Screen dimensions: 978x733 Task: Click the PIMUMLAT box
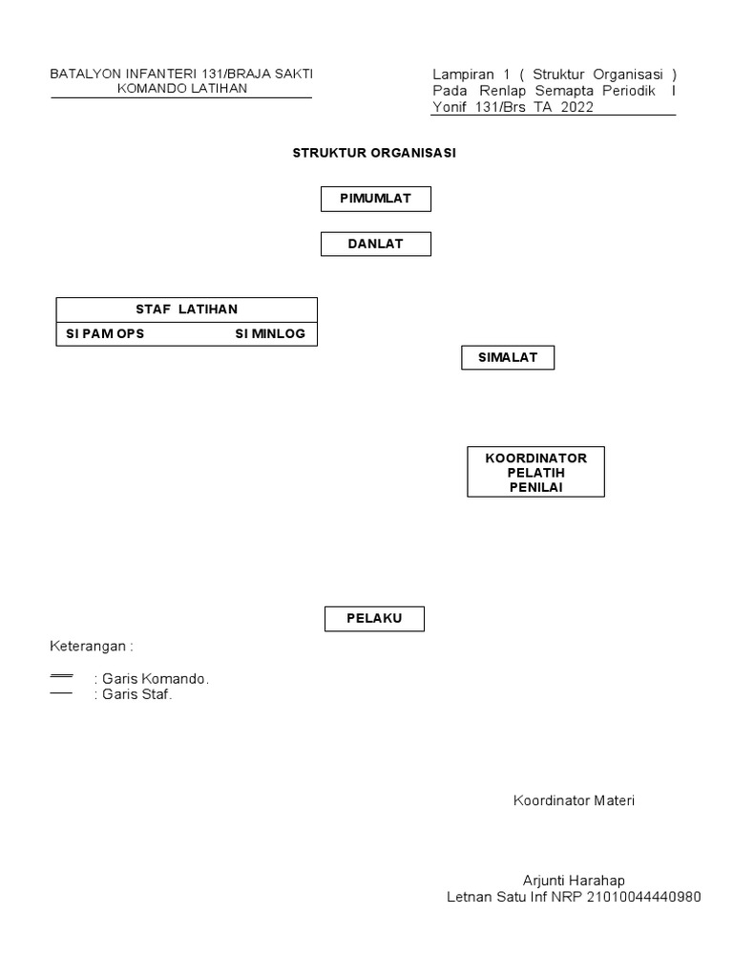(375, 199)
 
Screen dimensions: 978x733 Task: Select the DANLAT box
(375, 244)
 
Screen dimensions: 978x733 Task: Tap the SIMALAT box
(507, 358)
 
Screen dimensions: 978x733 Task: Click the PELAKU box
(375, 619)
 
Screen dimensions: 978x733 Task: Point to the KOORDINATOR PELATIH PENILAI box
(534, 472)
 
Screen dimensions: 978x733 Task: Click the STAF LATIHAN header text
(186, 309)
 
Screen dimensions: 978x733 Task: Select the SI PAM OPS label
(105, 334)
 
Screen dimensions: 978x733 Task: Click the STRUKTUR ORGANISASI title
(374, 153)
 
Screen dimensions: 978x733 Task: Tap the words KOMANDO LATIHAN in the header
(181, 89)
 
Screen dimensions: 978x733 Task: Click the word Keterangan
(89, 646)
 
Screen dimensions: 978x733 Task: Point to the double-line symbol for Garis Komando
(61, 676)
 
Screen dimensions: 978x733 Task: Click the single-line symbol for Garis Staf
(61, 693)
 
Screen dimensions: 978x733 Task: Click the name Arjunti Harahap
(574, 880)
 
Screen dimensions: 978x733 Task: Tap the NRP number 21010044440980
(644, 897)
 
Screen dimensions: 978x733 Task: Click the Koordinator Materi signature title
(574, 800)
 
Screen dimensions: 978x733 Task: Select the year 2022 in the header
(576, 107)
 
